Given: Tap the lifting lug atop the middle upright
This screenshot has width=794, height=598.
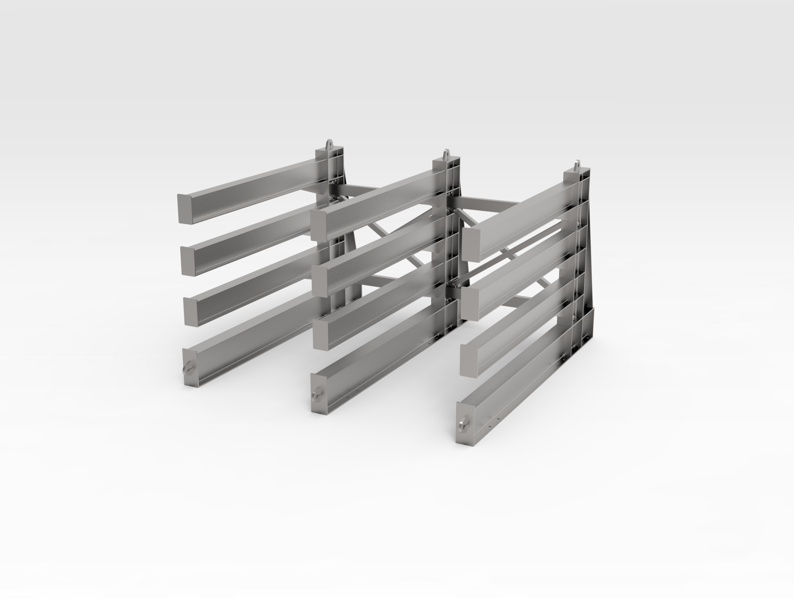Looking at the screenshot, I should click(446, 155).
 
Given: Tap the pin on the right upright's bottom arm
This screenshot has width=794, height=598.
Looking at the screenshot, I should click(463, 424).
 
